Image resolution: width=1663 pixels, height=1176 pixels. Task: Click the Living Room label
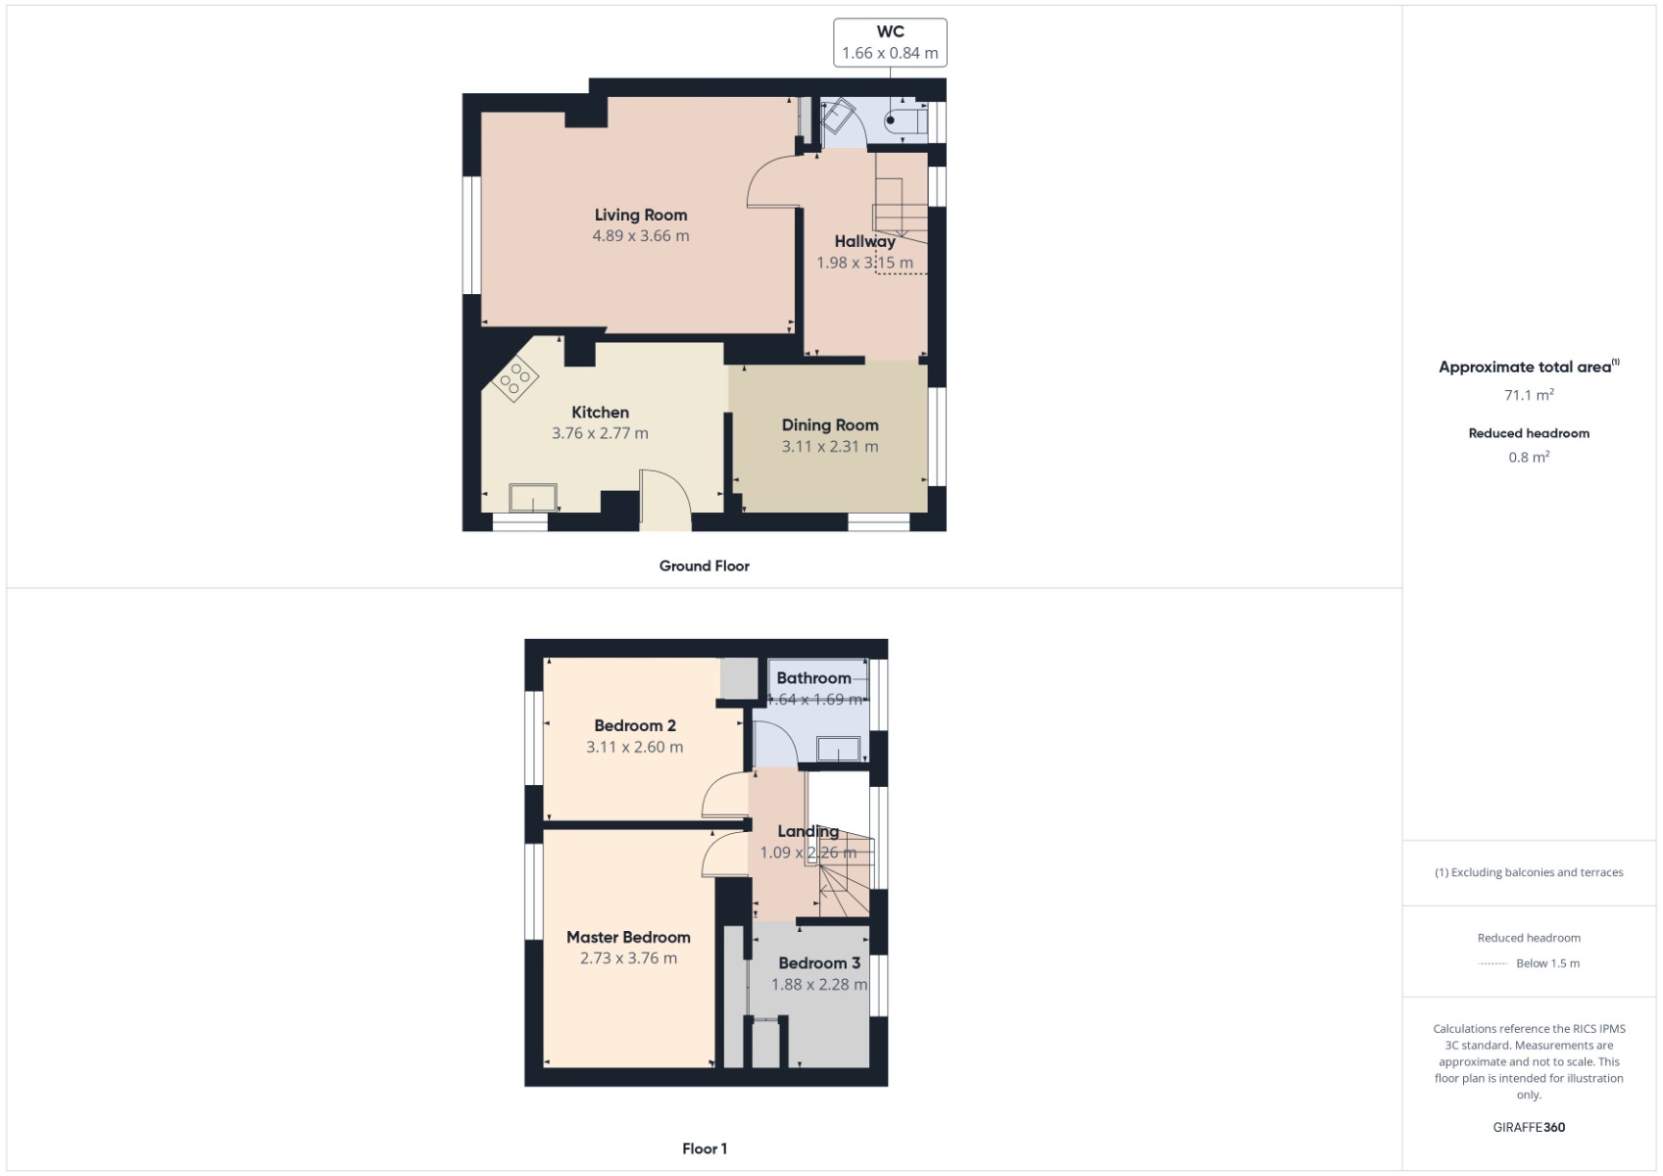coord(641,215)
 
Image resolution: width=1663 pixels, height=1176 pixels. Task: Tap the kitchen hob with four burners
coord(515,379)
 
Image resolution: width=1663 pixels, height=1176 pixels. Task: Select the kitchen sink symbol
coord(533,498)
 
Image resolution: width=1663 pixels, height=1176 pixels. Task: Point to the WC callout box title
coord(890,31)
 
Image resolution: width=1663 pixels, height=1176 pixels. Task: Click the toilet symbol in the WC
coord(905,122)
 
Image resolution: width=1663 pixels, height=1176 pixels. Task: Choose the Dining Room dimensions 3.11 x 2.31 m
coord(830,446)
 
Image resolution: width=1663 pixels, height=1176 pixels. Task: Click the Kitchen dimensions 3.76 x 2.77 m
coord(600,433)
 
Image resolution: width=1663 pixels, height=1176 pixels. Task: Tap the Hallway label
coord(864,241)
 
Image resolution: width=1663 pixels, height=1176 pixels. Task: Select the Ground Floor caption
coord(704,565)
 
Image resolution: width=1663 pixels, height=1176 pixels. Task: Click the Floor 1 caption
coord(705,1149)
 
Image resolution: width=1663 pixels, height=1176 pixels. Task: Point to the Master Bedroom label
coord(628,937)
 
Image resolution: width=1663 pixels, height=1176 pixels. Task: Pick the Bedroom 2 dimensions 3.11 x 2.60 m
coord(634,747)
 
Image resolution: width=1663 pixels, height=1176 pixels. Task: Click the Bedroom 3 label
coord(819,962)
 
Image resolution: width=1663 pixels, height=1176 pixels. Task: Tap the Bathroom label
coord(813,677)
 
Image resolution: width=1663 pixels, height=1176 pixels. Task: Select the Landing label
coord(807,831)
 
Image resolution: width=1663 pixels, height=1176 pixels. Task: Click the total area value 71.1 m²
coord(1529,395)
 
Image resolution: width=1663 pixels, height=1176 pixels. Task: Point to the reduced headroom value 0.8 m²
coord(1529,457)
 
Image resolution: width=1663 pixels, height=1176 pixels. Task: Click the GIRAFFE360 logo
coord(1529,1127)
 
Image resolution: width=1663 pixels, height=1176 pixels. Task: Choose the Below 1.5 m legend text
coord(1547,963)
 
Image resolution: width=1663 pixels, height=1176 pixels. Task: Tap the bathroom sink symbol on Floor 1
coord(839,750)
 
